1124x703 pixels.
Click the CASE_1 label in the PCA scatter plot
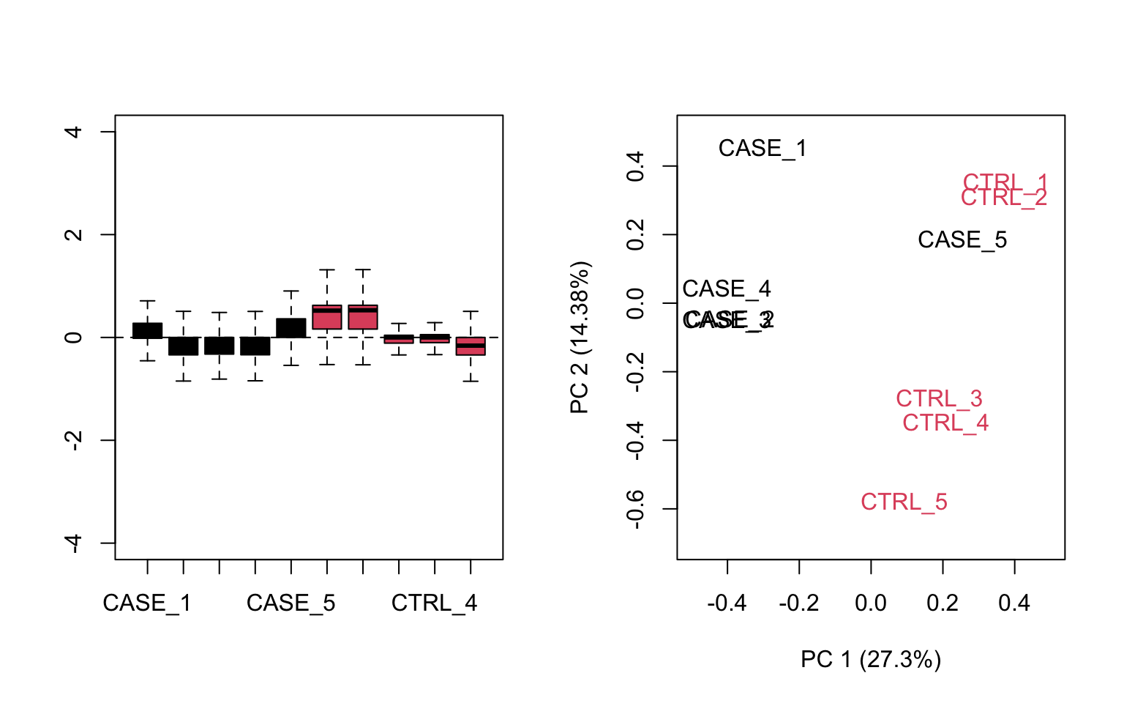pos(762,149)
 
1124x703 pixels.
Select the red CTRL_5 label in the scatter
pos(904,502)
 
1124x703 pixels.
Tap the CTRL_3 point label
pos(939,399)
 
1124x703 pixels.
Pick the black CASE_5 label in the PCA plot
pos(962,240)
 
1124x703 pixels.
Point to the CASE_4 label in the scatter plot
pos(727,289)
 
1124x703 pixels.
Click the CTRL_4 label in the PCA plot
pos(945,423)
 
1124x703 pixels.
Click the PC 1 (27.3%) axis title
pos(871,660)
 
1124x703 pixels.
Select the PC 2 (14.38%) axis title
pos(580,338)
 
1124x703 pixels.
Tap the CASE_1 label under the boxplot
pos(147,603)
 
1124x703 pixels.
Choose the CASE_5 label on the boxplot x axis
pos(291,603)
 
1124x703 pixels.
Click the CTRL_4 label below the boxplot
pos(434,603)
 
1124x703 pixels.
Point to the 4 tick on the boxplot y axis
pos(73,132)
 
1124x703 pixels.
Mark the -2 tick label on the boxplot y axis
pos(73,440)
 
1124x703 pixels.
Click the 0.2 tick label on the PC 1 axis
pos(942,603)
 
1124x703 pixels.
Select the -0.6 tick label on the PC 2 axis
pos(635,508)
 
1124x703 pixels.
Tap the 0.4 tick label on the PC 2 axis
pos(635,166)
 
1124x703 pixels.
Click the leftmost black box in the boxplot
pos(147,330)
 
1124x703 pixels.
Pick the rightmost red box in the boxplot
pos(471,346)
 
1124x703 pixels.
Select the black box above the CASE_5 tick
pos(291,328)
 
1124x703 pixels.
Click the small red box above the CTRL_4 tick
pos(435,338)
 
